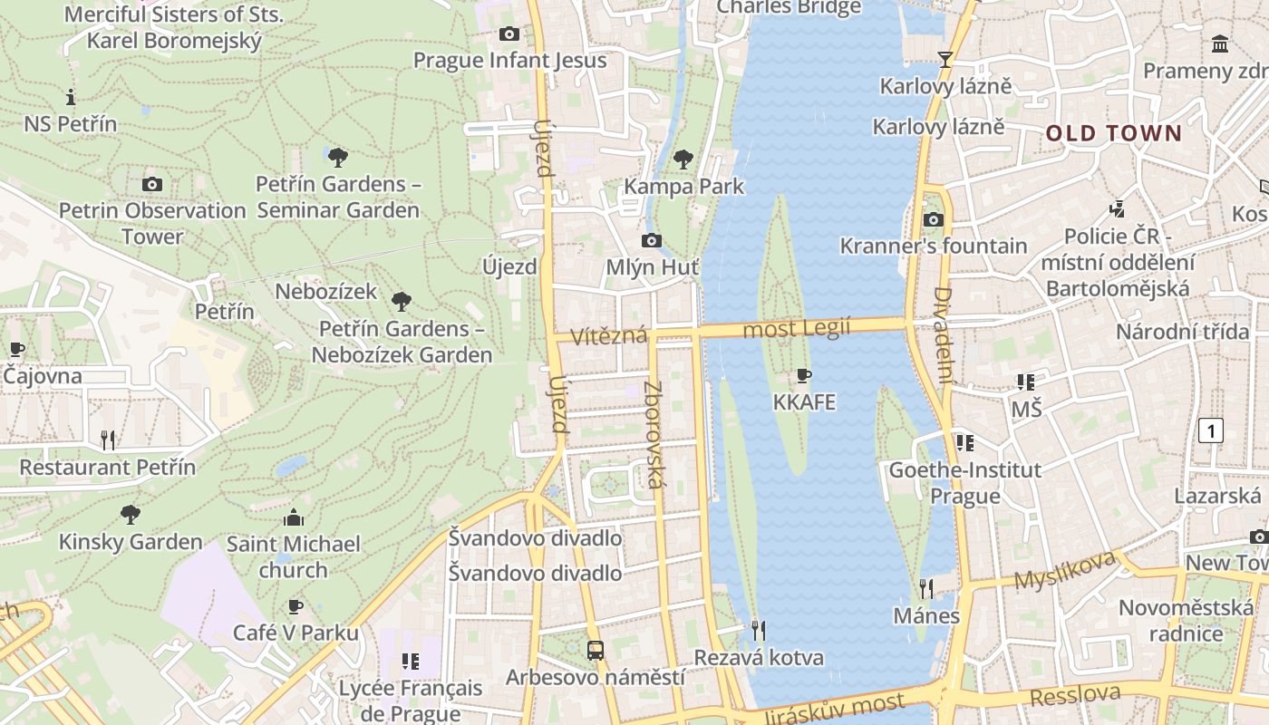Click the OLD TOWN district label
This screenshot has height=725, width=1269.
click(1114, 133)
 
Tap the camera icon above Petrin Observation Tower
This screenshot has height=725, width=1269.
click(152, 184)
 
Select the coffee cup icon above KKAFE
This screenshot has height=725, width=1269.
click(803, 375)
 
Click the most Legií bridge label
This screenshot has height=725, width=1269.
click(797, 328)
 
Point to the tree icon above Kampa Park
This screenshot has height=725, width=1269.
click(683, 159)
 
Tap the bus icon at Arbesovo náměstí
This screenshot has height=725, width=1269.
click(595, 650)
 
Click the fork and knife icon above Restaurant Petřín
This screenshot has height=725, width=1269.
click(108, 440)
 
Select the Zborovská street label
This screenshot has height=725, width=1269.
click(654, 434)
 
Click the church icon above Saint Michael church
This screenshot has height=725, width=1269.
click(293, 517)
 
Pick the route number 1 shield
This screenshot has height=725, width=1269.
click(1211, 430)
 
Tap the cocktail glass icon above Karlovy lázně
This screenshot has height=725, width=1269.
click(945, 60)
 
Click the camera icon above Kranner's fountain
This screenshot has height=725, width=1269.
click(933, 219)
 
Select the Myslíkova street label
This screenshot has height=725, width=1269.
click(1064, 570)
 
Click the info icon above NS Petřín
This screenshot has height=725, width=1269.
click(71, 97)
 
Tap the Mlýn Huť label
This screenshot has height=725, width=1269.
click(653, 267)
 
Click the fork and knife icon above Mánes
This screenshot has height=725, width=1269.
click(925, 589)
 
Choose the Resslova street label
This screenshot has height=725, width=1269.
click(1075, 695)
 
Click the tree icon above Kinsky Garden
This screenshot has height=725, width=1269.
click(131, 515)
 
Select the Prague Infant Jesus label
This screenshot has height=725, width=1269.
click(509, 60)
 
